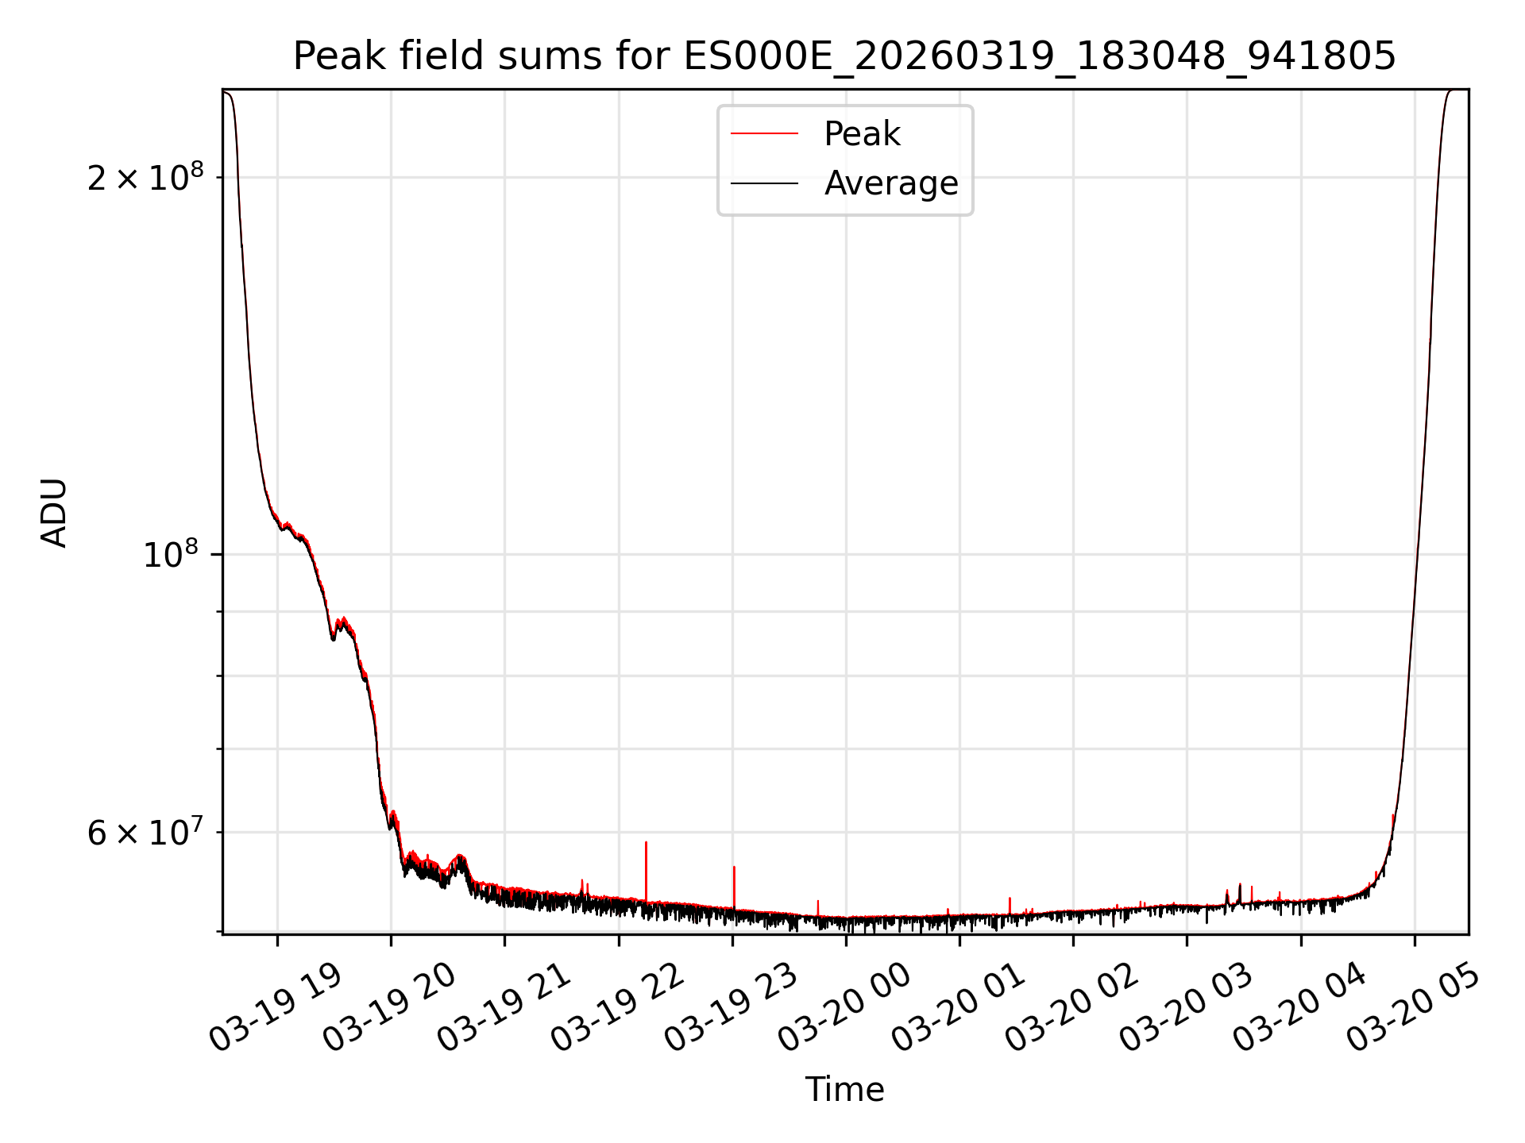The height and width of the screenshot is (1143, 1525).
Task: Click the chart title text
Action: [x=844, y=56]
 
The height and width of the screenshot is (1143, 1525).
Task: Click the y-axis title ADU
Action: [x=54, y=513]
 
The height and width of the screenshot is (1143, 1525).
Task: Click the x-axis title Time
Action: [x=844, y=1090]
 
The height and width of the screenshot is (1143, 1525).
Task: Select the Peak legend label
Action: [x=862, y=134]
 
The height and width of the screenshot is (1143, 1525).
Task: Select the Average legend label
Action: [x=890, y=183]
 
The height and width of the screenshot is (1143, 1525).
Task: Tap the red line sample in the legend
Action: [x=764, y=134]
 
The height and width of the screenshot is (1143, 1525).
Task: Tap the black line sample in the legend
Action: [x=764, y=183]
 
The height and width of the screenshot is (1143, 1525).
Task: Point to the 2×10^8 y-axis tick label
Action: [x=145, y=177]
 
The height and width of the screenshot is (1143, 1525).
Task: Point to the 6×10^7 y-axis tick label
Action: [x=145, y=832]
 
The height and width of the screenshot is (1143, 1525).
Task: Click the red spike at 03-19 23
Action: [x=734, y=881]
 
